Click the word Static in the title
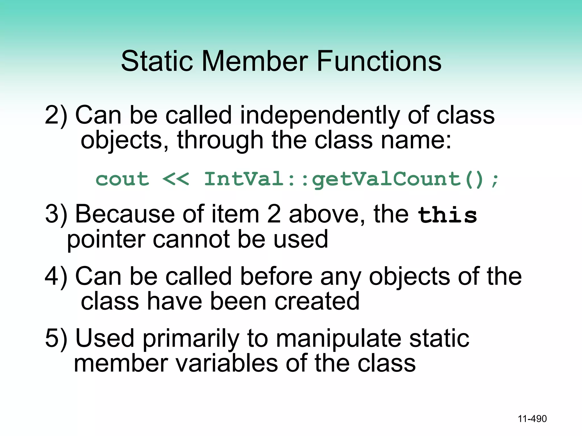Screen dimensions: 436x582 (157, 61)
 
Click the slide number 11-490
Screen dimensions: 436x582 (532, 419)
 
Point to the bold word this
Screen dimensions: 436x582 (447, 215)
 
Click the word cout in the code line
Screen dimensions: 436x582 (122, 179)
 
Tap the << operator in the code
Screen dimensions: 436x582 (175, 179)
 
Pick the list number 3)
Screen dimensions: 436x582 (56, 214)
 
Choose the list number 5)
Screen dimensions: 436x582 (56, 339)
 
